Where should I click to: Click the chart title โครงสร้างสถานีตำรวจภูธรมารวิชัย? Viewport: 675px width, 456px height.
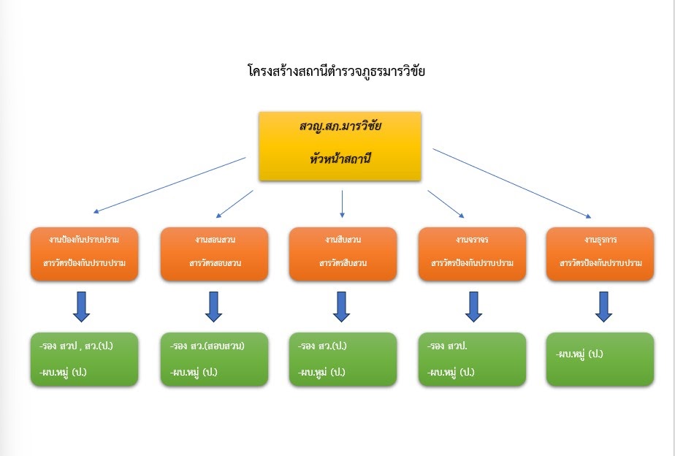click(336, 72)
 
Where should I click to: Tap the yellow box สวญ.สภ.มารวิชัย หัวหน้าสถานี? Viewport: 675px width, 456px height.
click(340, 145)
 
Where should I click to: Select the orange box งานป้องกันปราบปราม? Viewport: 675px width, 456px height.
click(85, 254)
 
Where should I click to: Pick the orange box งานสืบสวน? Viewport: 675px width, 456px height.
click(343, 254)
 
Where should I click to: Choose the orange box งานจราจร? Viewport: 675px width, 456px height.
click(472, 254)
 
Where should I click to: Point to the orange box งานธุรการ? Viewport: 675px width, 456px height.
click(600, 254)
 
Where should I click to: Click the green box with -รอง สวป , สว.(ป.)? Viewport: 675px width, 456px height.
click(85, 359)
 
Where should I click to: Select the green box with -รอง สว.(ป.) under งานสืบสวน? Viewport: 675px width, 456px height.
click(343, 359)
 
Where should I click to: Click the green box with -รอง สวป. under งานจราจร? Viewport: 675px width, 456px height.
click(472, 359)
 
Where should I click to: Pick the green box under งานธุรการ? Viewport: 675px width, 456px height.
click(600, 359)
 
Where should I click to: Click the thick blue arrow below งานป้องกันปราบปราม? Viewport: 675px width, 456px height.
click(82, 307)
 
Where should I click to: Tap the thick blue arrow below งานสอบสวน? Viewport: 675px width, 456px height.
click(213, 307)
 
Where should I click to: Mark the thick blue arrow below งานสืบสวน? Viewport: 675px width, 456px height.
click(341, 307)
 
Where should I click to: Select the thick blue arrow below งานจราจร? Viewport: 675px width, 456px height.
click(473, 307)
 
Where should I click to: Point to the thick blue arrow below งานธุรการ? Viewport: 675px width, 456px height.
click(603, 307)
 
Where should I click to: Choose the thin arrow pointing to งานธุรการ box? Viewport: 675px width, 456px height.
click(511, 183)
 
